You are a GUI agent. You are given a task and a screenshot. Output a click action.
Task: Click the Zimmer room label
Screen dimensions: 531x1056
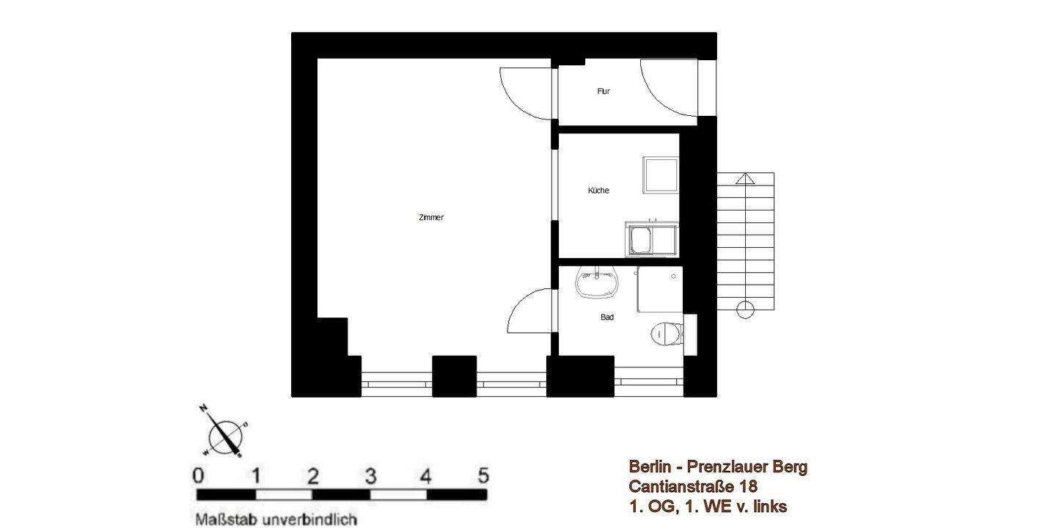430,218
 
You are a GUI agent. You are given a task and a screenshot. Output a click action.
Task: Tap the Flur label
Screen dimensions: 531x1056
604,92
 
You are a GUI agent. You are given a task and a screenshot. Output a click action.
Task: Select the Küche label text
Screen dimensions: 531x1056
598,191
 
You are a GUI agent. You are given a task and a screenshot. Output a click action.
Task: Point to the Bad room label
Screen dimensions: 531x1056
607,318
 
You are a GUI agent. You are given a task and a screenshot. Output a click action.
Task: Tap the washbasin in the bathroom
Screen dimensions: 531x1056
597,282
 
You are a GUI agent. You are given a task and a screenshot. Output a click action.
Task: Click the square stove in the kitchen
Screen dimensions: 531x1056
661,175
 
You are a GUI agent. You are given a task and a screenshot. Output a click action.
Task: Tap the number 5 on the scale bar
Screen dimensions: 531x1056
483,476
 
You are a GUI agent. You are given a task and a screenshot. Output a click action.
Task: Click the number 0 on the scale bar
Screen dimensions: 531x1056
199,476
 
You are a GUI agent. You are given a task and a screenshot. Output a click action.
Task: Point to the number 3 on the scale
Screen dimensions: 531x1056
370,476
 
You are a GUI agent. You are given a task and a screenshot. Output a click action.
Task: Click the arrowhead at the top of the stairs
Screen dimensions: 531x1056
745,177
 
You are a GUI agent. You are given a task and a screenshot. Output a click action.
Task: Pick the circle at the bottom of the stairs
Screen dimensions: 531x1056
745,310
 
